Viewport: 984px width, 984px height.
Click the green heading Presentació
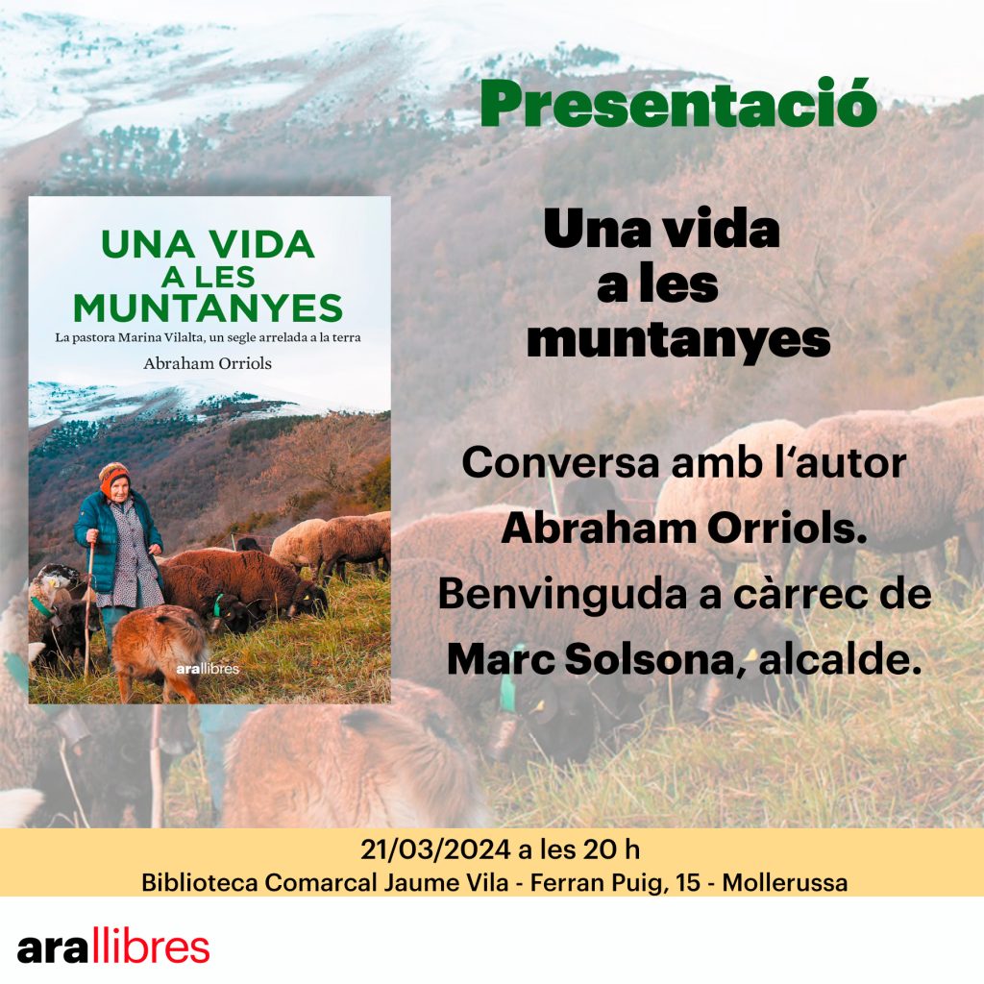click(678, 104)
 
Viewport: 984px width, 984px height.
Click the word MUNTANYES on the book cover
click(208, 308)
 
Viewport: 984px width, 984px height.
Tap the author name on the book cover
click(208, 363)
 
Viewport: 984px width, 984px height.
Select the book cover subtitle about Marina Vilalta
click(208, 337)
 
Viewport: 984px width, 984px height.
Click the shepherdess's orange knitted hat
click(113, 477)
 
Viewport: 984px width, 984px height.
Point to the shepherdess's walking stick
click(88, 608)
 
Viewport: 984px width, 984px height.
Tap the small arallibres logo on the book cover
click(208, 669)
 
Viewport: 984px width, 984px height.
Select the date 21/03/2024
click(435, 849)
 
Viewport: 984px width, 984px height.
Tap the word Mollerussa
click(785, 882)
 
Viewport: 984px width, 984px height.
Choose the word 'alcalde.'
click(840, 659)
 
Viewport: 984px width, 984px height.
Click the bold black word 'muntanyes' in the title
click(678, 340)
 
